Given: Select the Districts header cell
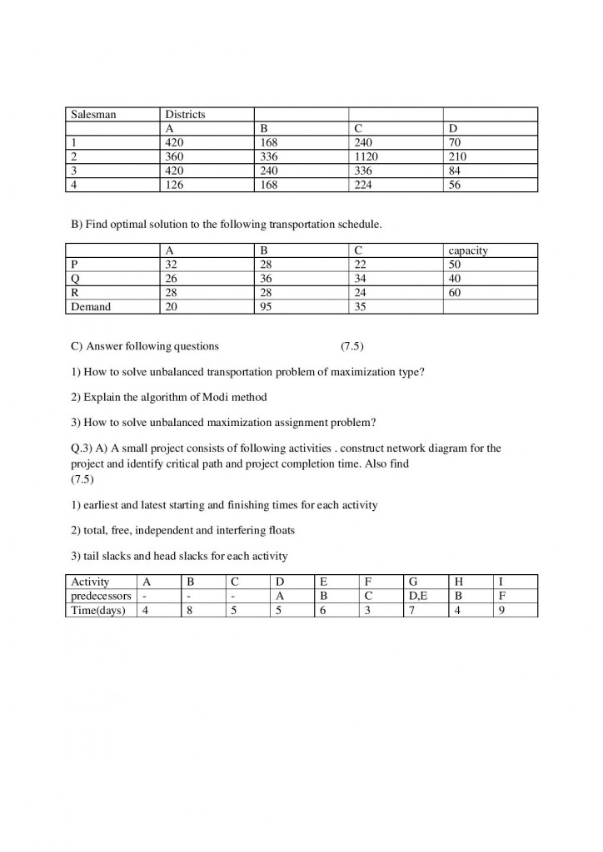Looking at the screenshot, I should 185,114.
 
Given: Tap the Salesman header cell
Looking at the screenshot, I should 93,114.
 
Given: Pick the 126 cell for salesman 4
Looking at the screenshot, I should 174,185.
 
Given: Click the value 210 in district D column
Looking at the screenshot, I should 457,156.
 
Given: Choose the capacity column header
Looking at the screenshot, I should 468,250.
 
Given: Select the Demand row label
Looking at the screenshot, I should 92,306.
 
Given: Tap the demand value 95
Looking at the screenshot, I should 267,306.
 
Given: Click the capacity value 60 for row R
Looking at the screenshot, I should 455,292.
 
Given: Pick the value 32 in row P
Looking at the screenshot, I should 172,264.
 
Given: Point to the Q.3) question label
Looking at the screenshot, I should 83,448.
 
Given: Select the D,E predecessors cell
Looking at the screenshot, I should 418,596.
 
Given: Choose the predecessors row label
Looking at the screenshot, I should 101,596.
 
